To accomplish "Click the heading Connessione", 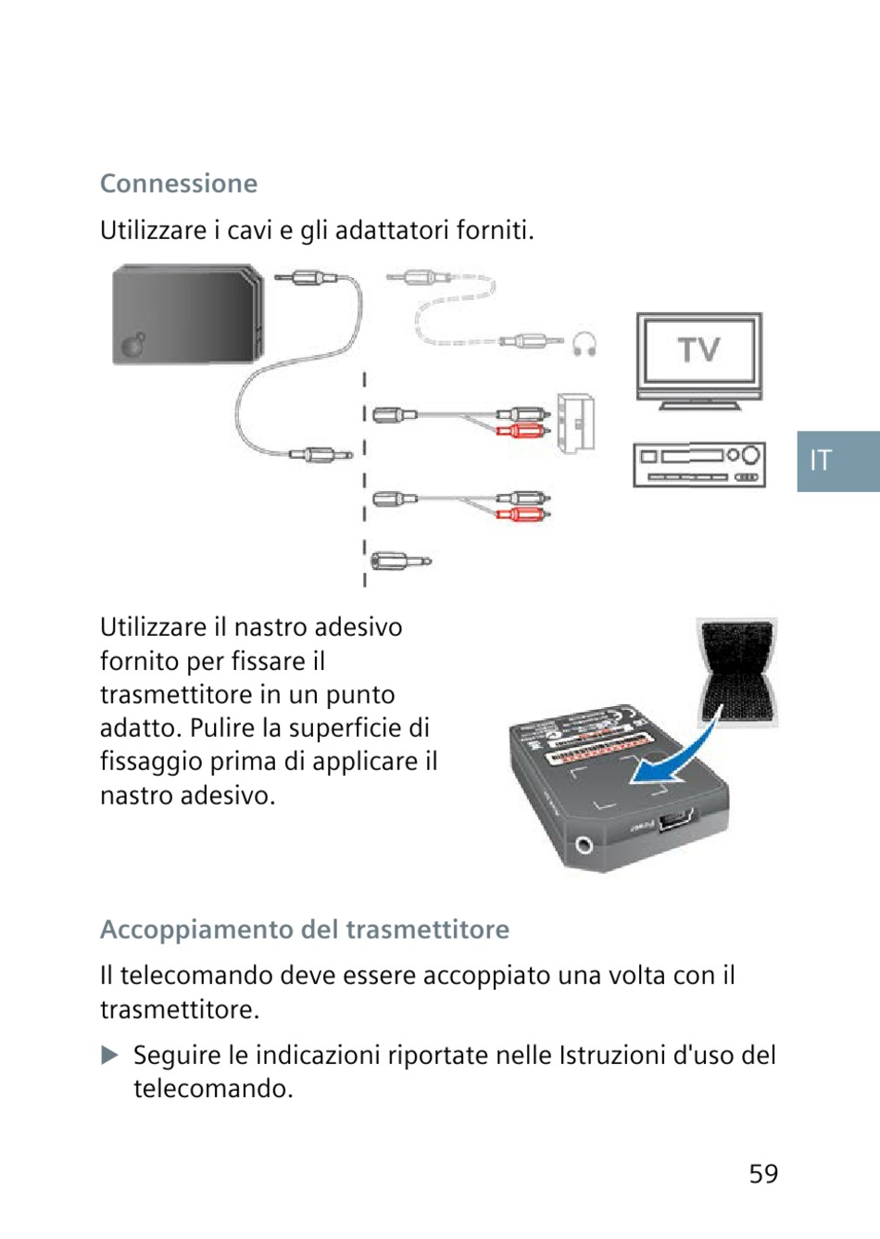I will point(179,183).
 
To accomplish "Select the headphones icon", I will point(584,345).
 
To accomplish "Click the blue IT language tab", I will point(837,461).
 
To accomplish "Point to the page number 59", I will point(763,1174).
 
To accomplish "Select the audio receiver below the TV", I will point(698,464).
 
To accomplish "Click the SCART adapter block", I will point(575,424).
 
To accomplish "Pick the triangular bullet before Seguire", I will point(109,1056).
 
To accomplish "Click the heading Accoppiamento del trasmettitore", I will point(305,929).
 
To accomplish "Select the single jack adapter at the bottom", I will point(400,561).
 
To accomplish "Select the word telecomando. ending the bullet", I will point(213,1089).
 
